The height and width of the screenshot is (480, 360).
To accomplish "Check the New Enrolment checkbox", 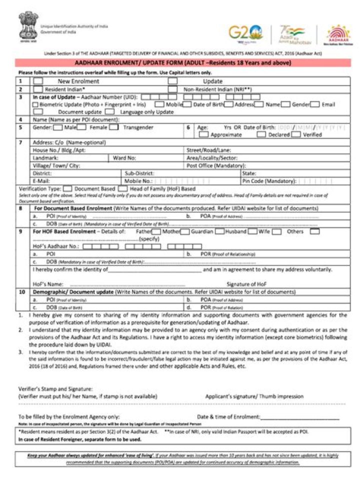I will [38, 81].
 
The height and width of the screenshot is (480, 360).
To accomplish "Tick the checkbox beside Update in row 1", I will [172, 81].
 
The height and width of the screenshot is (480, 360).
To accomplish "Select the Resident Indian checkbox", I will [38, 89].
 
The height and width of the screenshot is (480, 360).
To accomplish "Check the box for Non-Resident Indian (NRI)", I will [172, 89].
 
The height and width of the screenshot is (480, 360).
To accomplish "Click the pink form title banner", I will [182, 63].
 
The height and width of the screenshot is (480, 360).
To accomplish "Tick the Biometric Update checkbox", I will [35, 104].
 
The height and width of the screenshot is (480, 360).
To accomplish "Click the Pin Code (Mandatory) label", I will [269, 180].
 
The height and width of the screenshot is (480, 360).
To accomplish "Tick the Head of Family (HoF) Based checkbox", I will [122, 189].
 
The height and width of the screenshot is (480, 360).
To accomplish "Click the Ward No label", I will [124, 157].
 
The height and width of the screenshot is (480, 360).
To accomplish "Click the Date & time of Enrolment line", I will [299, 416].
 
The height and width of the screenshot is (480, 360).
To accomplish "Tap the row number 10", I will [21, 291].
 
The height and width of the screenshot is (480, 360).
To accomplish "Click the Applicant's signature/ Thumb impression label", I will [254, 396].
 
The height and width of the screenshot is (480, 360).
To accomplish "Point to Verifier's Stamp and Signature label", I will [55, 388].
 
